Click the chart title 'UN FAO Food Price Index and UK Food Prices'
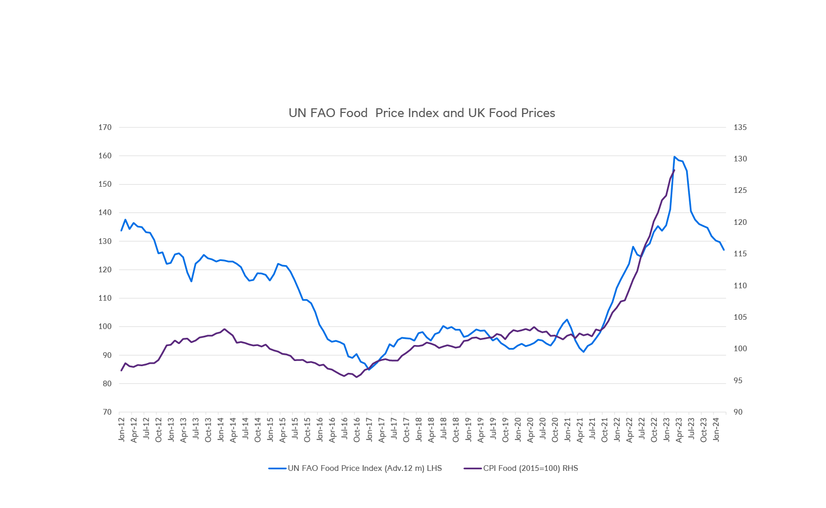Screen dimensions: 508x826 coord(422,113)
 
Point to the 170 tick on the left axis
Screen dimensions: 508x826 coord(105,127)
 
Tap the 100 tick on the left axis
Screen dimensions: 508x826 coord(105,326)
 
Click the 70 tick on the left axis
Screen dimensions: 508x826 coord(107,412)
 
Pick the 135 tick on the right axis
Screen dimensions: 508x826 coord(740,127)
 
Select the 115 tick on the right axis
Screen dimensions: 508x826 coord(740,254)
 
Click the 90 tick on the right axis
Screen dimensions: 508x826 coord(738,412)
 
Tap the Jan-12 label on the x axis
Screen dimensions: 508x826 coord(122,429)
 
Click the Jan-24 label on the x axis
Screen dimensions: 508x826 coord(716,429)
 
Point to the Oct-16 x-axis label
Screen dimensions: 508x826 coord(357,429)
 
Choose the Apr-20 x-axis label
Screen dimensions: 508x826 coord(530,429)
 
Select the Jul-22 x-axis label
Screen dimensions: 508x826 coord(642,429)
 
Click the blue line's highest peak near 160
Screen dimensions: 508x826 coord(674,157)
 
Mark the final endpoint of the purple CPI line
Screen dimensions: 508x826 coord(674,170)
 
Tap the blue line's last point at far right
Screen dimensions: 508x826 coord(724,250)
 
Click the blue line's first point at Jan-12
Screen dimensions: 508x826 coord(121,231)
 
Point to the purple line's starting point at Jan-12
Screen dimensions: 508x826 coord(121,370)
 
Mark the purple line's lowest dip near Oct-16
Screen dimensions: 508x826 coord(357,377)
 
